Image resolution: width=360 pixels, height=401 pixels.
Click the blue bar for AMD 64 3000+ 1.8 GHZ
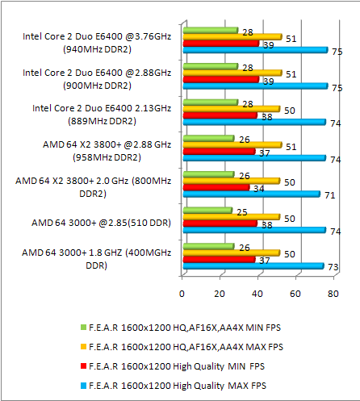253,266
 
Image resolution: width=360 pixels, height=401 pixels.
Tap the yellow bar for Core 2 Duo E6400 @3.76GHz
232,36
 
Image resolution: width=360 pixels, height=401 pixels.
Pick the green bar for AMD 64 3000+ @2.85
207,211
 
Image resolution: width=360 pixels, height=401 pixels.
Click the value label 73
333,266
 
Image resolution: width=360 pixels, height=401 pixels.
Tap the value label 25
240,211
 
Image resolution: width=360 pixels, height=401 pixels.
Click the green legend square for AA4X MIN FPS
82,328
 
